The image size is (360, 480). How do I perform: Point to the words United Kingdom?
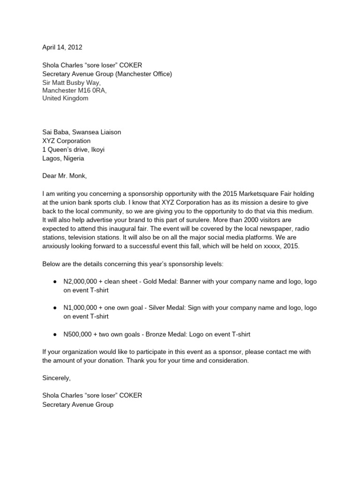click(65, 98)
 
